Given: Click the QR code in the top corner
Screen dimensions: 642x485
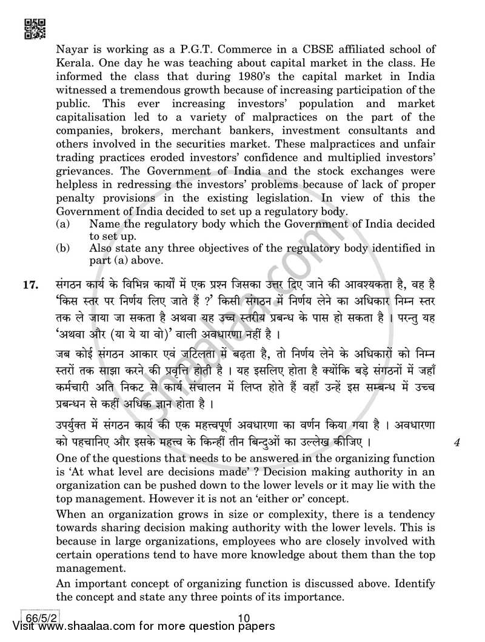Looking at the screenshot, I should [x=33, y=28].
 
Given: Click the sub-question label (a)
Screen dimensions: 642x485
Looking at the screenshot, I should [x=62, y=225].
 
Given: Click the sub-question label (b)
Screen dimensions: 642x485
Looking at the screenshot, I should [x=62, y=248].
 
